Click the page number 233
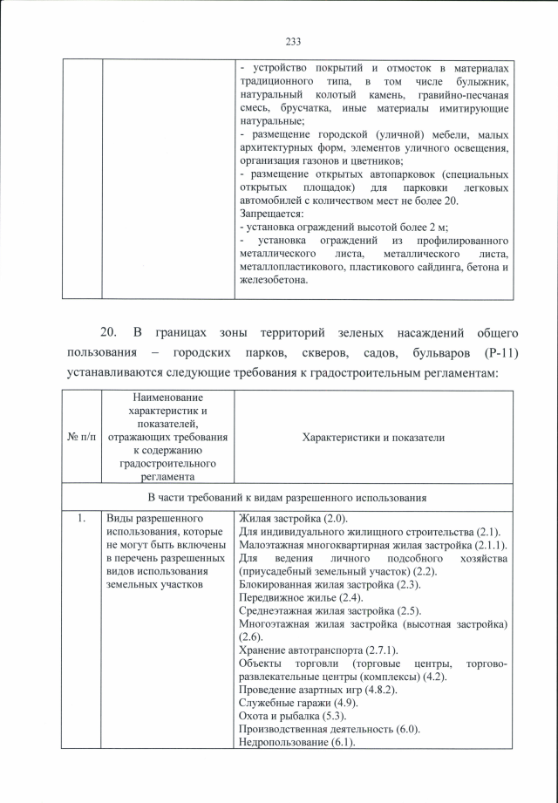tap(293, 40)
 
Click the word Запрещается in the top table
tap(270, 214)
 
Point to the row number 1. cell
tap(81, 520)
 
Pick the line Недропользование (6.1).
tap(296, 742)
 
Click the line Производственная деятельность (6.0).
tap(330, 729)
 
